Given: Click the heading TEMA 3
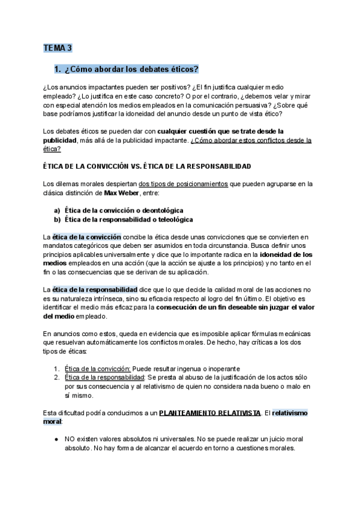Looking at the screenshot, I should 57,47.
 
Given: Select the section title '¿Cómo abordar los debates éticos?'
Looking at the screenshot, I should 131,68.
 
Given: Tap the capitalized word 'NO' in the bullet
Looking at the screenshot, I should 70,439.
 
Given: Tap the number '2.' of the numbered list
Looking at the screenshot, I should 56,377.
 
